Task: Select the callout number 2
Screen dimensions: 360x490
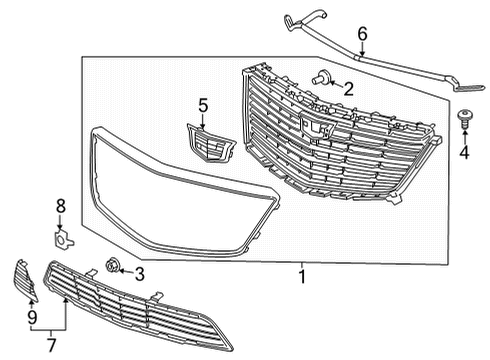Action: tap(348, 88)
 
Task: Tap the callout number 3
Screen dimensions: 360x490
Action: tap(139, 273)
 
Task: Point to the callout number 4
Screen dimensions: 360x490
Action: tap(463, 153)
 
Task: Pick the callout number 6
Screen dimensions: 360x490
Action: tap(363, 34)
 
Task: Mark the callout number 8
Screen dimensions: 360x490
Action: tap(60, 206)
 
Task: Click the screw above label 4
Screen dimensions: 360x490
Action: tap(463, 119)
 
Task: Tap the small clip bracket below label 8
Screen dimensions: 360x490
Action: tap(61, 238)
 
